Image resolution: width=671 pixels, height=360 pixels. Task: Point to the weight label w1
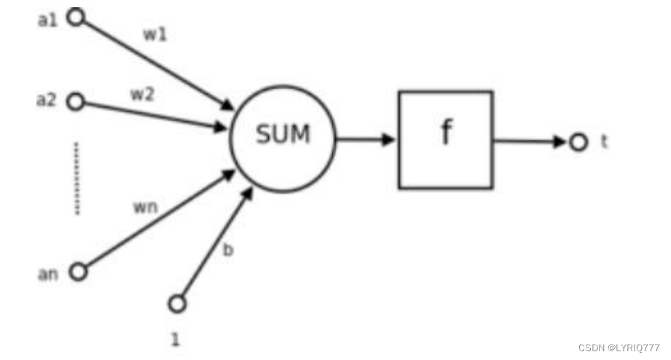(155, 34)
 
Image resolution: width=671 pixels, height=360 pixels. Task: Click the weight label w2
(142, 94)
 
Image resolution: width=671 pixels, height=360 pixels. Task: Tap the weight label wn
(146, 207)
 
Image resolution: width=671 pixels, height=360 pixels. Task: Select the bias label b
(228, 249)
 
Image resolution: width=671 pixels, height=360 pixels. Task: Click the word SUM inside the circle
(283, 134)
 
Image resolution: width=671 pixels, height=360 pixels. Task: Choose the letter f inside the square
(447, 132)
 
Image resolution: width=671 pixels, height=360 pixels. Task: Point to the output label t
(604, 141)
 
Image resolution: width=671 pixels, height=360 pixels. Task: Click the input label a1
(47, 20)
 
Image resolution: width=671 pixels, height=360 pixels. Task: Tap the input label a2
(46, 100)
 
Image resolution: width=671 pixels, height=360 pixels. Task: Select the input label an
(48, 274)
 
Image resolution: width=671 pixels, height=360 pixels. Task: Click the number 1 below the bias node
(175, 340)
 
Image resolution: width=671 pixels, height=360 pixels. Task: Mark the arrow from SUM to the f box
(365, 139)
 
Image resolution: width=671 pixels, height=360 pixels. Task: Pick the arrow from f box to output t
(530, 141)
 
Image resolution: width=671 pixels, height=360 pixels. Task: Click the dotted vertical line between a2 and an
(77, 178)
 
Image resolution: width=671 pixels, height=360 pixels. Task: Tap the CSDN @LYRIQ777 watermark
(619, 348)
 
